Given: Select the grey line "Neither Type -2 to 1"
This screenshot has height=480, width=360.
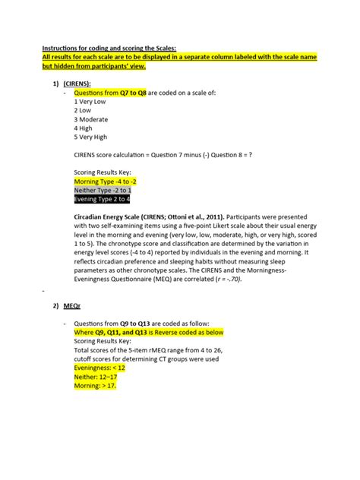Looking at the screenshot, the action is [x=103, y=191].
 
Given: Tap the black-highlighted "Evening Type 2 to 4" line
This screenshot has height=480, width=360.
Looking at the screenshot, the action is [x=102, y=200].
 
